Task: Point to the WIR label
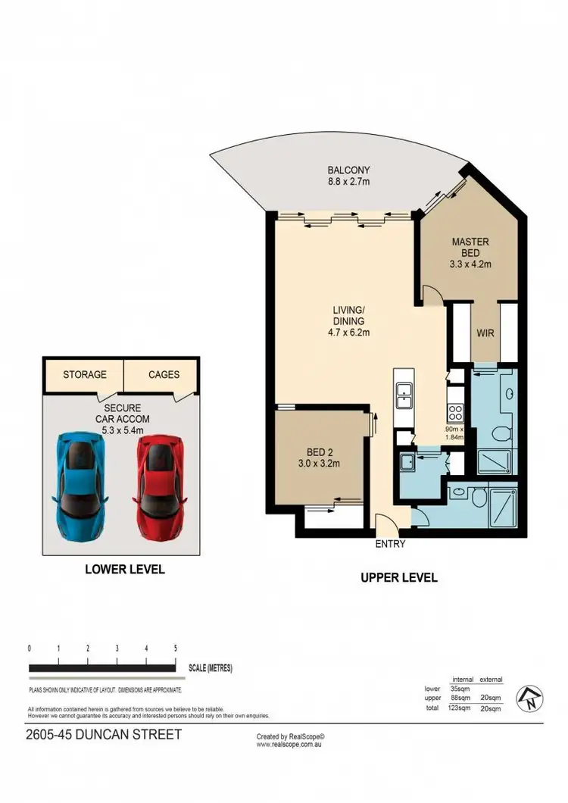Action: pyautogui.click(x=485, y=333)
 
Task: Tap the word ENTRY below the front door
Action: pyautogui.click(x=390, y=544)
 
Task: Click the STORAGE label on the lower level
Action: pyautogui.click(x=85, y=374)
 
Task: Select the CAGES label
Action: pyautogui.click(x=164, y=374)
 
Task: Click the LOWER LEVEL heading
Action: pyautogui.click(x=124, y=569)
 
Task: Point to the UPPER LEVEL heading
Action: pyautogui.click(x=399, y=577)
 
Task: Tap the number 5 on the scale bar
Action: pyautogui.click(x=175, y=648)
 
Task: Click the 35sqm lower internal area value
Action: pyautogui.click(x=459, y=689)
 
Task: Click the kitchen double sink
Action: pyautogui.click(x=404, y=395)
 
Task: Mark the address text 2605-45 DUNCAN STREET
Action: pyautogui.click(x=104, y=735)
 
